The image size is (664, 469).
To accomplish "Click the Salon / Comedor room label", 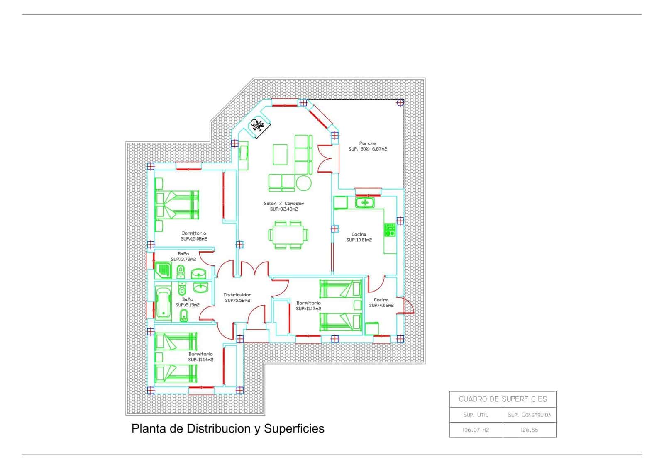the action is point(284,204).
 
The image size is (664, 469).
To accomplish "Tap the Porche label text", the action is point(368,143).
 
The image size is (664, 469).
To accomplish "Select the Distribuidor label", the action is point(237,295).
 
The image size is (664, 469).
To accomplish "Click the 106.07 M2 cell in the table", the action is point(476,430).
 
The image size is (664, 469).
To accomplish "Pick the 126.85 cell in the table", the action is point(530,430).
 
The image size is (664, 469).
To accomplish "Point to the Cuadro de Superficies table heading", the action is point(503,399).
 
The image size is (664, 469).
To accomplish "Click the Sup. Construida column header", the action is point(530,415).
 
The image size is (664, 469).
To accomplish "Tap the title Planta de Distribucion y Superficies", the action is point(228,429).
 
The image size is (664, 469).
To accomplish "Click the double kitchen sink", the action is point(365,203).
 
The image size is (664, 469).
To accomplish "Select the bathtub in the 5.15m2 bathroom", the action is point(163,302).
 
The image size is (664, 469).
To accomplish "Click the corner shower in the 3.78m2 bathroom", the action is point(163,270).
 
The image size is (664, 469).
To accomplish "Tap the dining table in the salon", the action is point(288,235).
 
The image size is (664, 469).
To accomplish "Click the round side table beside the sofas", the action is point(303,183).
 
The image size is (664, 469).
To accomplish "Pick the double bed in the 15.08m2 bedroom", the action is point(177,205).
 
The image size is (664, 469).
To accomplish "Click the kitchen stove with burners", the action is point(390,230).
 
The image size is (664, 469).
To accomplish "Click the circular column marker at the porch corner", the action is point(400,103).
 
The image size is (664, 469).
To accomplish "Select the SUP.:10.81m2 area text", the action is point(359,240).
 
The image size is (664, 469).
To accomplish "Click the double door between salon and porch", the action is point(328,158).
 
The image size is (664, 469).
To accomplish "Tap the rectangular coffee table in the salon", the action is point(280,154).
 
